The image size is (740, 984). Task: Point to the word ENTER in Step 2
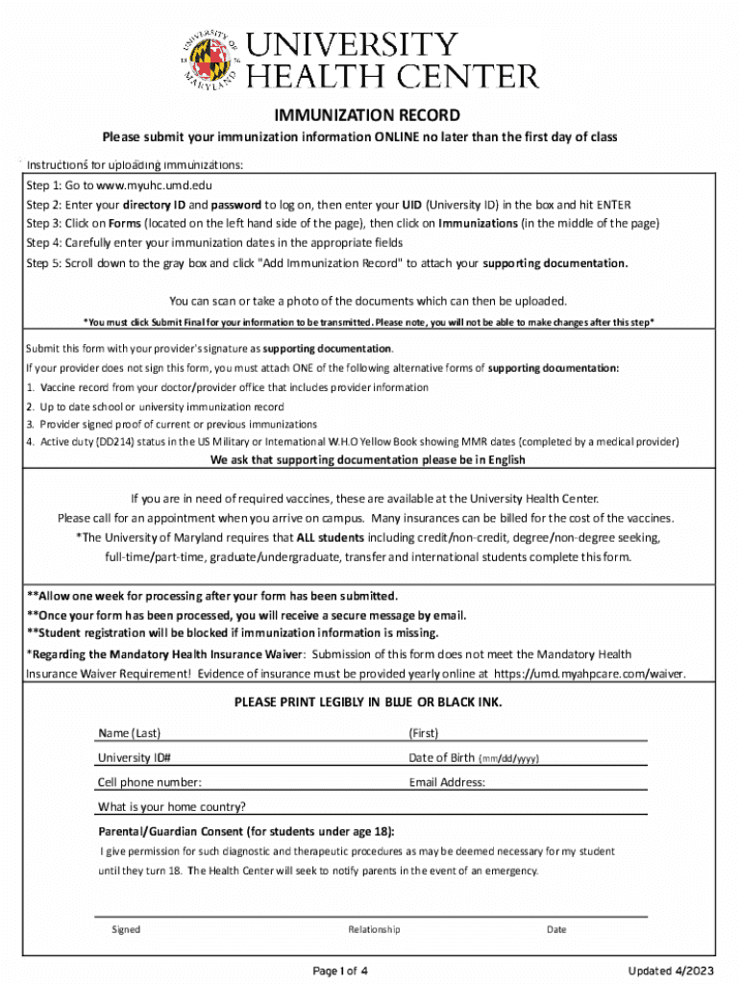(x=613, y=205)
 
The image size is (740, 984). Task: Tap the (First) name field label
(x=423, y=733)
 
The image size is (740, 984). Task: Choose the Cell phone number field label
(x=149, y=782)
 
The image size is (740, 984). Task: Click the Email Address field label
(x=447, y=782)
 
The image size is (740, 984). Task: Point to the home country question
(x=171, y=806)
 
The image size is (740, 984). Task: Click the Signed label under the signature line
(x=126, y=929)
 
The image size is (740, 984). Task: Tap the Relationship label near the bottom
(x=375, y=929)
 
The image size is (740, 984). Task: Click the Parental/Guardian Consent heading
(x=245, y=831)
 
